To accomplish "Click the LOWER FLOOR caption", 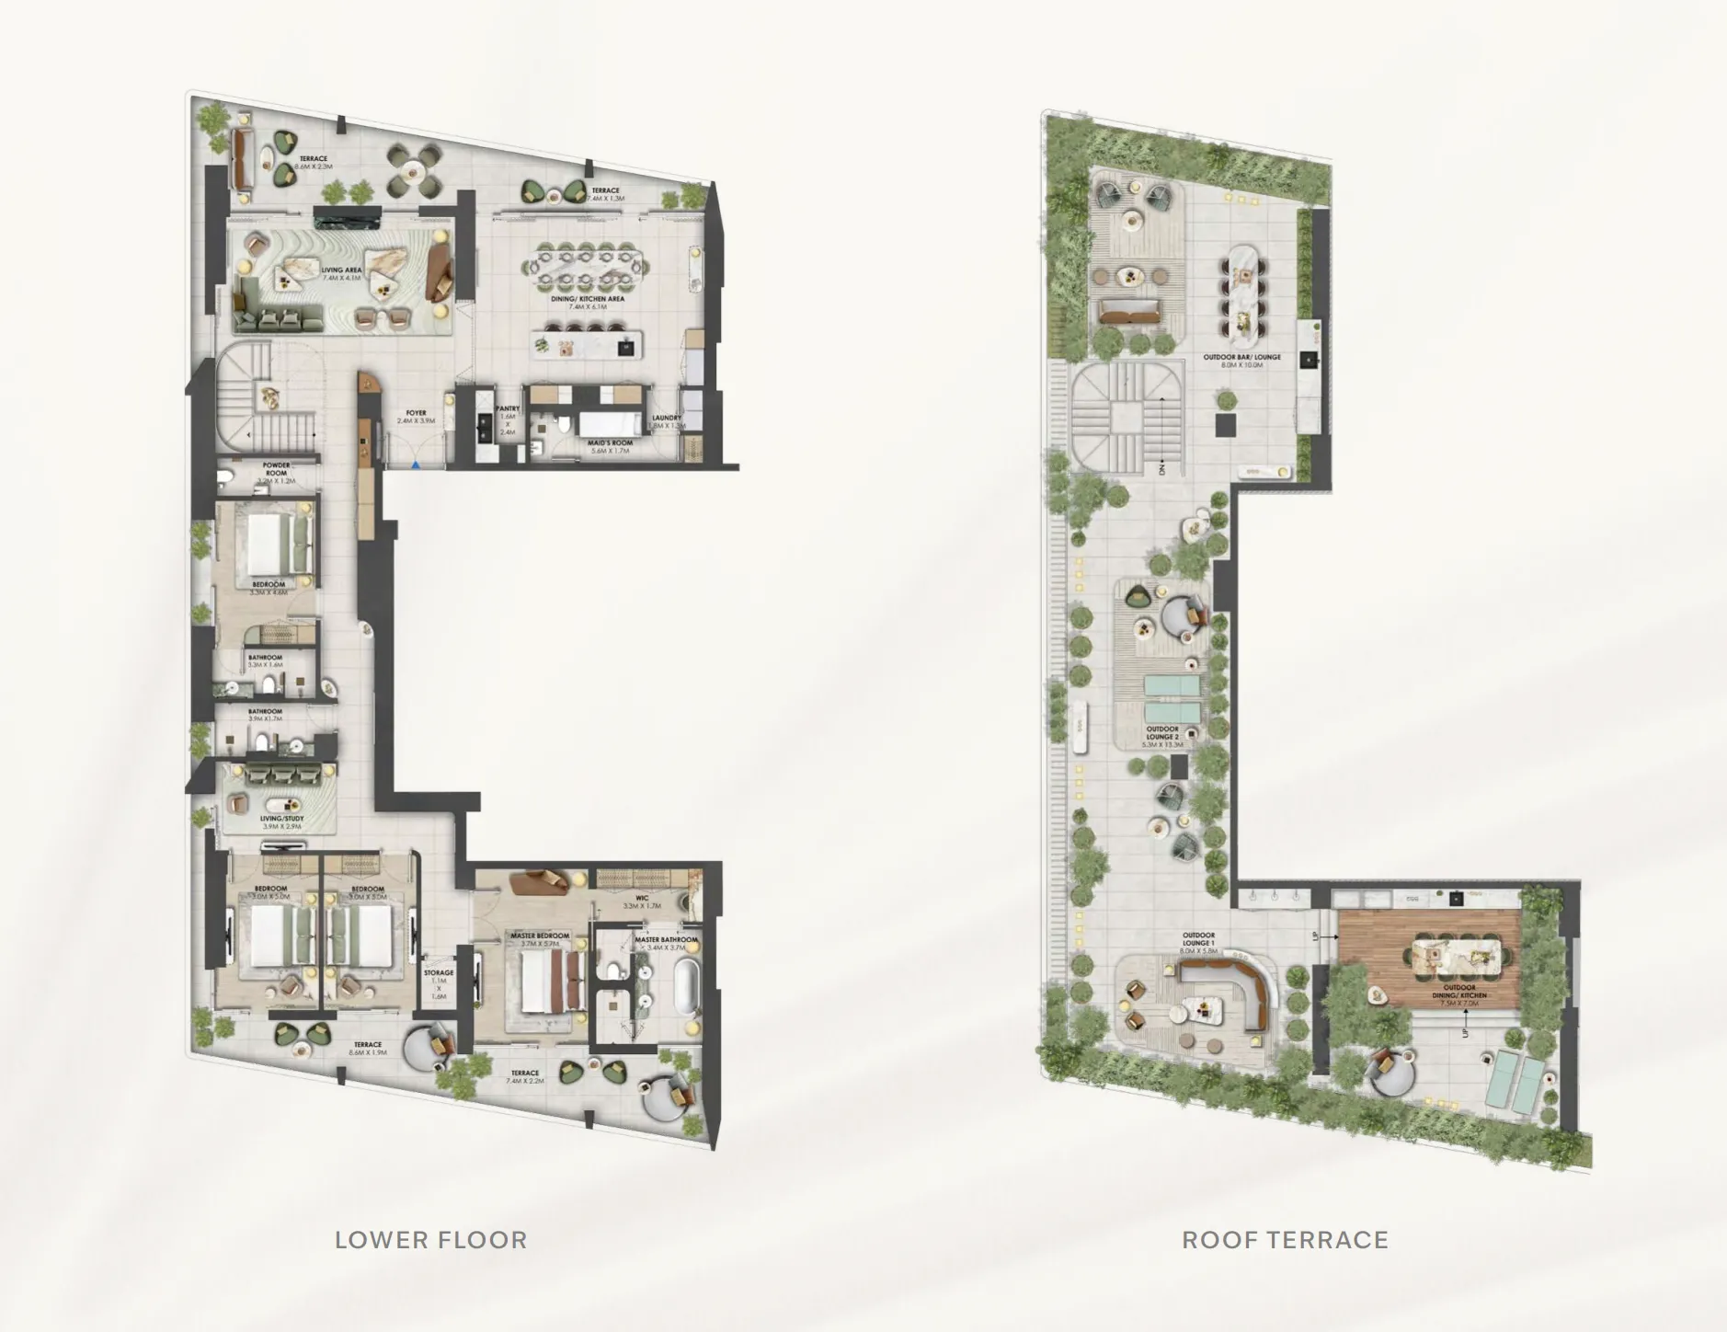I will click(430, 1239).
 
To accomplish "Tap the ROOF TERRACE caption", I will click(1285, 1239).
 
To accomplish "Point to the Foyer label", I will click(416, 417).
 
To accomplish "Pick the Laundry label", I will click(667, 421).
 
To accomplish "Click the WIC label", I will click(642, 901).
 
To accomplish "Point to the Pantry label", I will click(508, 408).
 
